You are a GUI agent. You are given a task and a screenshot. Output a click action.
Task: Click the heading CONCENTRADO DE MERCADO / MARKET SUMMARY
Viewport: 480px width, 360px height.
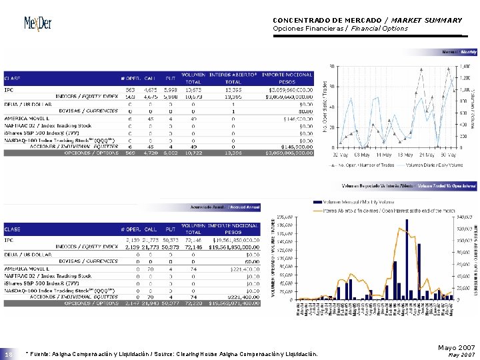pos(367,20)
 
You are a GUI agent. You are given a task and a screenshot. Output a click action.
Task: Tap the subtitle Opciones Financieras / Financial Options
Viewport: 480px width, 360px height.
pos(340,29)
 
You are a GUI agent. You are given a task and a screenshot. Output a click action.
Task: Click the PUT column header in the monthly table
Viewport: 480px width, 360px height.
pos(170,77)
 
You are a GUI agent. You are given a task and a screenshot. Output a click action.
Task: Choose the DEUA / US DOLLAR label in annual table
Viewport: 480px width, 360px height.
pos(27,254)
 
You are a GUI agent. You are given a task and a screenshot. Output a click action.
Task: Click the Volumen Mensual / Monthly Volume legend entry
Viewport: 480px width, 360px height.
pos(352,201)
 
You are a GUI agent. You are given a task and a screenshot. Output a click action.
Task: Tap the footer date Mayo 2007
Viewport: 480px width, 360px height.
pos(456,348)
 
